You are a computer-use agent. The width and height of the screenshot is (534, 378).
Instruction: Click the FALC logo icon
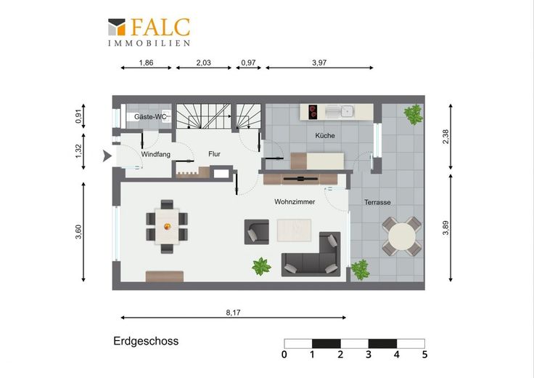point(117,27)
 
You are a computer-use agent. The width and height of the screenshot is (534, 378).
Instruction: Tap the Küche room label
point(325,135)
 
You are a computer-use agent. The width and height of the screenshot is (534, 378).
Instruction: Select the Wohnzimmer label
point(295,201)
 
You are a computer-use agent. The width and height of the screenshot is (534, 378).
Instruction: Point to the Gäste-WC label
point(150,117)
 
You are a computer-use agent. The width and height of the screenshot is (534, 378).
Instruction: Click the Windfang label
point(156,154)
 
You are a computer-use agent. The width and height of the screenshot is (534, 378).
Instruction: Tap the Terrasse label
point(377,202)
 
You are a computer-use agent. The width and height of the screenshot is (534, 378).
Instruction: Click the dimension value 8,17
point(233,313)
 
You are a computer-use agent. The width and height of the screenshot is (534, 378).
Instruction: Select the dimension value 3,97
point(319,63)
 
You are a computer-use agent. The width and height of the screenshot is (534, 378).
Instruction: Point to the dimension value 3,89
point(445,228)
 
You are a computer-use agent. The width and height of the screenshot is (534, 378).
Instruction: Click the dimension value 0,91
point(78,116)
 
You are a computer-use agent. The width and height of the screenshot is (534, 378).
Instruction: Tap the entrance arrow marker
point(107,156)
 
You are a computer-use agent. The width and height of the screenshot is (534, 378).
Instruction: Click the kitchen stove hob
point(313,112)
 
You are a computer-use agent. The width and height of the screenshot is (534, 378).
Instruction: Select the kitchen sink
point(340,111)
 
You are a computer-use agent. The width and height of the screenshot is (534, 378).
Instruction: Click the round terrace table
point(402,236)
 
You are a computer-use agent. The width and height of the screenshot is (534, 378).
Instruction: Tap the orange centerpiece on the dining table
point(167,226)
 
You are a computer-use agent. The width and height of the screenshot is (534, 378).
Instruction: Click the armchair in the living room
point(257,232)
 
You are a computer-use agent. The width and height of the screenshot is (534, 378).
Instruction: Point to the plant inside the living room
point(261,267)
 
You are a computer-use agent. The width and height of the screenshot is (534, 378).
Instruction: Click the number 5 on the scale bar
point(424,355)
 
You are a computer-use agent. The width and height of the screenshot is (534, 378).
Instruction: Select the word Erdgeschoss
point(146,341)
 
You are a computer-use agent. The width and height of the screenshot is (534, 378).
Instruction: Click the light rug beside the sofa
point(294,230)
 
